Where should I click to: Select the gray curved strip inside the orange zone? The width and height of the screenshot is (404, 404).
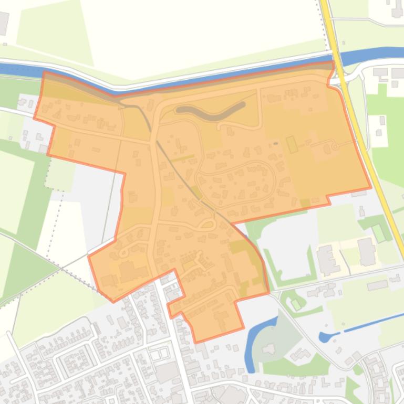point(210,111)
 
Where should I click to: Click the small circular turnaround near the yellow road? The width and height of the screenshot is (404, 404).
point(335,147)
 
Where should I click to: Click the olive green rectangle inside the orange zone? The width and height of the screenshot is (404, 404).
point(292,144)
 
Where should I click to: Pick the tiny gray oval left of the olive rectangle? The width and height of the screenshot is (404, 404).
point(275,143)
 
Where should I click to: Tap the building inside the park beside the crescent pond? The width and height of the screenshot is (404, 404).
point(270,348)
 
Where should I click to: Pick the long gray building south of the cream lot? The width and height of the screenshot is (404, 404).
point(378,285)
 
